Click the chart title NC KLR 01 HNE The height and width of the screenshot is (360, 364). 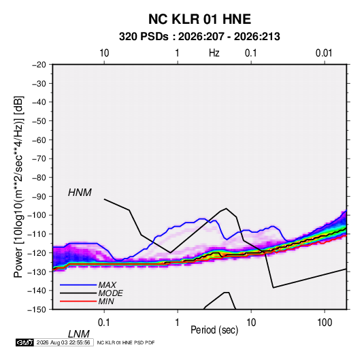[199, 19]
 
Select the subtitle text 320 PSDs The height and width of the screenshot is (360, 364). [144, 37]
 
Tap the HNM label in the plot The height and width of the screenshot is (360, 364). [80, 193]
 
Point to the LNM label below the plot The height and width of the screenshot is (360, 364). [79, 334]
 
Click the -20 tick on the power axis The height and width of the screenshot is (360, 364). [39, 65]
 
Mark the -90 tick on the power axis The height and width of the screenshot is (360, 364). [39, 197]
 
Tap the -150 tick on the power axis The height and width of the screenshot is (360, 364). [37, 310]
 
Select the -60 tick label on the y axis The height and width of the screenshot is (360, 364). [39, 140]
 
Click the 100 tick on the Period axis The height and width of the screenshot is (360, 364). [325, 323]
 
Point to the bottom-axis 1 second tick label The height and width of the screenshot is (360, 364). [178, 323]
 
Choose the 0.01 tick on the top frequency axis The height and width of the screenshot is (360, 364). [324, 53]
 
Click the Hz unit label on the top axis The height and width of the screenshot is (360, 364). [214, 53]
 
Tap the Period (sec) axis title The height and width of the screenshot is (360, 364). [214, 330]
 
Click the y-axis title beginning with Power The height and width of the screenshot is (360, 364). [18, 187]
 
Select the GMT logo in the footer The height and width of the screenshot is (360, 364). [24, 342]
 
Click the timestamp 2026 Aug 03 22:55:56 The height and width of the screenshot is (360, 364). [63, 342]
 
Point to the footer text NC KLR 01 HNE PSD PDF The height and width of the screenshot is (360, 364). [126, 343]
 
